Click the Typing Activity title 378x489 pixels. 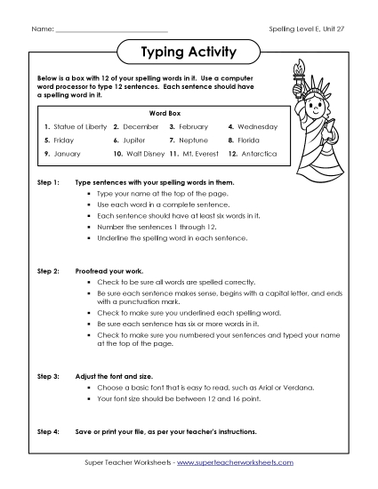coord(189,52)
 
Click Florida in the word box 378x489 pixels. coord(247,140)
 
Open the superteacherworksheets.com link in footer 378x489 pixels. coord(239,463)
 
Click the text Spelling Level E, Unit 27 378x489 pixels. coord(306,29)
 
